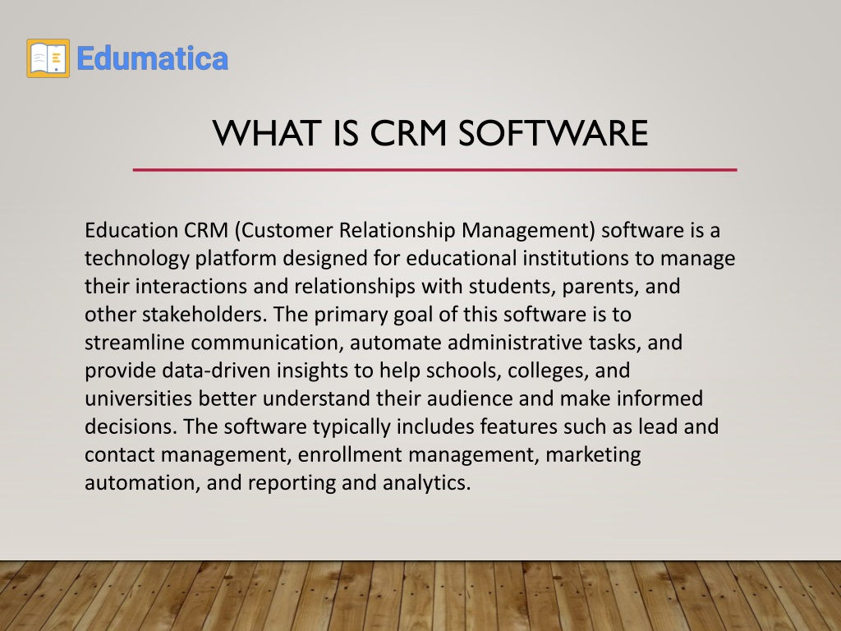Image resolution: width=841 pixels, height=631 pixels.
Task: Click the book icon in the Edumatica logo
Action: [48, 58]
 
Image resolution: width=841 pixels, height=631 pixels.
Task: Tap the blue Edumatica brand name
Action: [153, 58]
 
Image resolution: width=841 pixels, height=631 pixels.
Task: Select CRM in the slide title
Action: [408, 133]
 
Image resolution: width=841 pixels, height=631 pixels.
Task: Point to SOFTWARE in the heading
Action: [554, 133]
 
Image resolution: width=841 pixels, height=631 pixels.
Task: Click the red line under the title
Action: [435, 170]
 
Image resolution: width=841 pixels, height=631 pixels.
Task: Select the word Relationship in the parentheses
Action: [398, 231]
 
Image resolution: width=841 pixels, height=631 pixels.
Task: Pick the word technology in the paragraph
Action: [137, 259]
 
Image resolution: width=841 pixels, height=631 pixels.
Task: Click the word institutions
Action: [576, 258]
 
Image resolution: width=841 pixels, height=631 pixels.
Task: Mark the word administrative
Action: [515, 343]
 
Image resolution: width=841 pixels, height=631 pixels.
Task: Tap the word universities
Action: [138, 398]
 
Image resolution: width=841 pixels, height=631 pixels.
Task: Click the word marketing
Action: [593, 455]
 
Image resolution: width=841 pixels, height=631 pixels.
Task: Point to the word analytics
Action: [426, 483]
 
